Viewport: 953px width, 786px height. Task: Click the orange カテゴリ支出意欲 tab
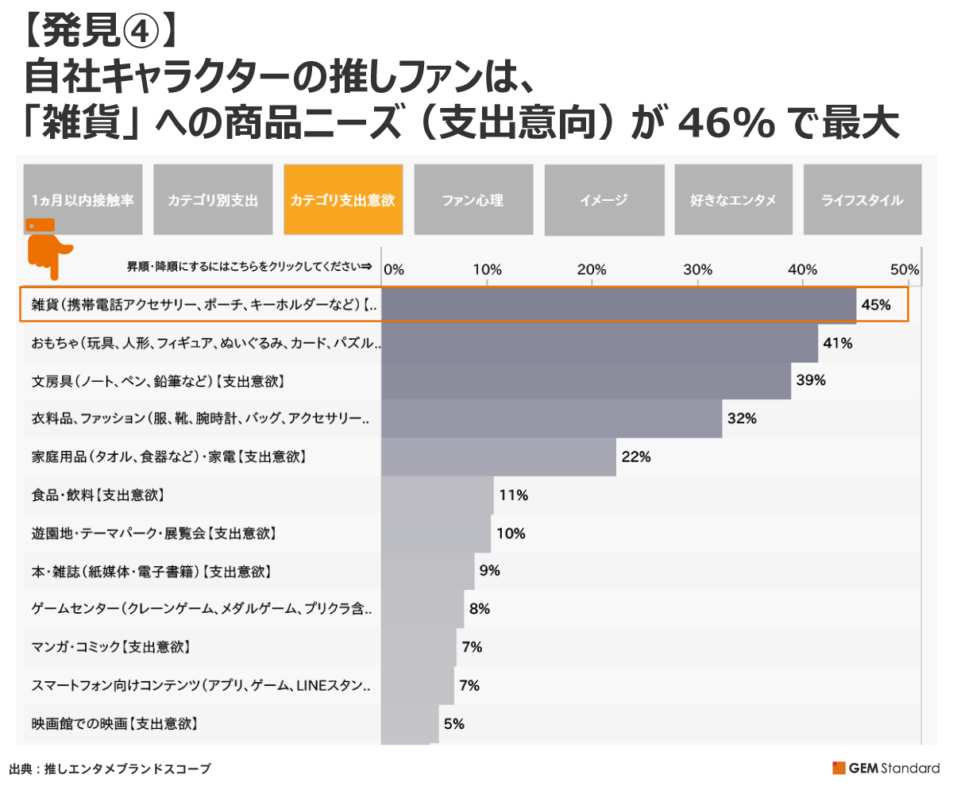pos(342,200)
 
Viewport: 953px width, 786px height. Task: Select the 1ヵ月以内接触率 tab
pos(83,200)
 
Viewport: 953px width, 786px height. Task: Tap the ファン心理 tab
pos(473,200)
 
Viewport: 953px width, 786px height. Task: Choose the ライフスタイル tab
pos(862,200)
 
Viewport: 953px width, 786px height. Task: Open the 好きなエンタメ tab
pos(733,200)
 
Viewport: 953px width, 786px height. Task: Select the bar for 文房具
pos(586,381)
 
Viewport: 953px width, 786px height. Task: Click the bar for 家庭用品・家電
pos(499,457)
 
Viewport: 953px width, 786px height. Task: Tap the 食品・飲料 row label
pos(98,495)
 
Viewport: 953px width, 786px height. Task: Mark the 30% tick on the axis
pos(697,268)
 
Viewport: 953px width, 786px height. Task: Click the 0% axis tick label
pos(394,268)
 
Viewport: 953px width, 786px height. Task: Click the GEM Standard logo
pos(885,768)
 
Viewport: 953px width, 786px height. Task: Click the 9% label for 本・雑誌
pos(490,571)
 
